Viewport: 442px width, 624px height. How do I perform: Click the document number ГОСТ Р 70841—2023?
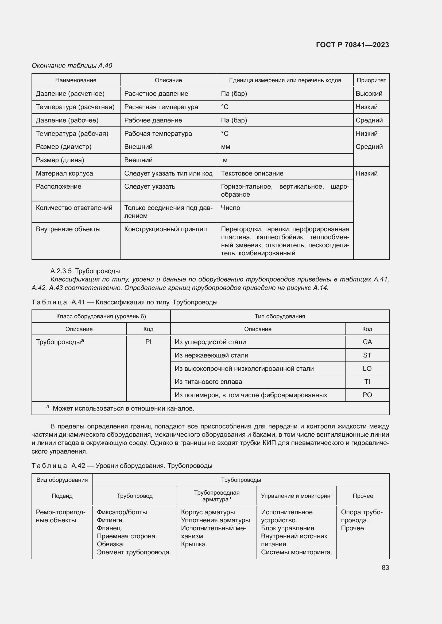pos(352,45)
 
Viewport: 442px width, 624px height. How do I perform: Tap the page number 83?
pos(385,567)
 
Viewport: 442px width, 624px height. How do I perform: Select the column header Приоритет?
pos(371,80)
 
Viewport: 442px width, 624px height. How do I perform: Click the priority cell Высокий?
pos(369,93)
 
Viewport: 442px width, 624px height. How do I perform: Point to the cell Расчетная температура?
pos(161,107)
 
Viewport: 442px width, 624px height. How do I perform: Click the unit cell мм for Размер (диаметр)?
pos(225,147)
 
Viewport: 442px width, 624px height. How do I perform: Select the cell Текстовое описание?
pos(252,173)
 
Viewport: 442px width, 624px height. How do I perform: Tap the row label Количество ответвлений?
pos(74,208)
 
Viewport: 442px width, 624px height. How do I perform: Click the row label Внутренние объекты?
pos(68,229)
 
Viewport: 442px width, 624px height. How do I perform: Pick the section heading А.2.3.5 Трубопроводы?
pos(85,271)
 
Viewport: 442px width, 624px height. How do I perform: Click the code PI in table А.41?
pos(148,342)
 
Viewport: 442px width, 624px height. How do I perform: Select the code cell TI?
pos(367,381)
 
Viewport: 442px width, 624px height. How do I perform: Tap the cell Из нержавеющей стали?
pos(211,355)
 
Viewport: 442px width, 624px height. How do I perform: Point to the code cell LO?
pos(367,368)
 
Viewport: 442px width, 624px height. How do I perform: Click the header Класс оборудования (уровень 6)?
pos(101,316)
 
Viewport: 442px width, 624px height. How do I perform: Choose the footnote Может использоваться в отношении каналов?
pos(123,408)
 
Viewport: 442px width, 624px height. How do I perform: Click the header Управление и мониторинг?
pos(297,496)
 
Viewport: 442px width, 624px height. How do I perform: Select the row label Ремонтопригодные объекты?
pos(60,516)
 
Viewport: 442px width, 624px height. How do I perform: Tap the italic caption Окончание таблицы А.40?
pos(72,66)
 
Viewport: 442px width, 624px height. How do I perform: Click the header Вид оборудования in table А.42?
pos(62,480)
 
